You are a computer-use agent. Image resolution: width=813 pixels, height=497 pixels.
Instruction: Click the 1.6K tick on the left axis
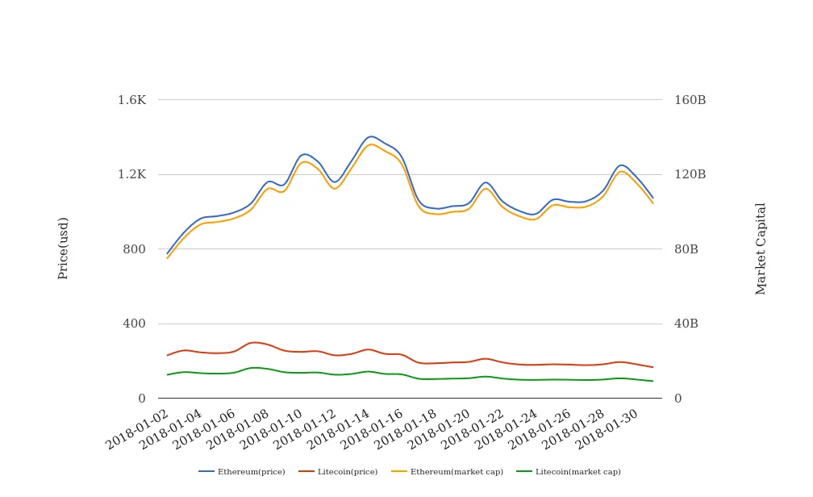pyautogui.click(x=132, y=100)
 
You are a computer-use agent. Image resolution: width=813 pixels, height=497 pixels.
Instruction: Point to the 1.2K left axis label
pyautogui.click(x=132, y=174)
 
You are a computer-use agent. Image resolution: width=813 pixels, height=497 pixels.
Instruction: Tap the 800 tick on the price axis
pyautogui.click(x=133, y=249)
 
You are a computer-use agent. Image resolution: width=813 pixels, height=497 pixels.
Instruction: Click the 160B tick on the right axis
pyautogui.click(x=690, y=100)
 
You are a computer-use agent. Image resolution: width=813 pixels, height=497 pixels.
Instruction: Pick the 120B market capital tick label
pyautogui.click(x=690, y=174)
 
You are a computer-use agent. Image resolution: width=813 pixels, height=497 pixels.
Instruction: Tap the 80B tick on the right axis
pyautogui.click(x=686, y=249)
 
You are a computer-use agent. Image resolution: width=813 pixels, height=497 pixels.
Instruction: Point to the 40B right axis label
pyautogui.click(x=686, y=324)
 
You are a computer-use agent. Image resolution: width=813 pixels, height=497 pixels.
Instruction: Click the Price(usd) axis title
pyautogui.click(x=64, y=248)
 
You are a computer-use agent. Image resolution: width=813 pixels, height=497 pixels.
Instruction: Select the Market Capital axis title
pyautogui.click(x=761, y=248)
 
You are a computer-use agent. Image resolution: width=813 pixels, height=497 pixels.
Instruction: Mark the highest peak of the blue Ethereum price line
pyautogui.click(x=371, y=136)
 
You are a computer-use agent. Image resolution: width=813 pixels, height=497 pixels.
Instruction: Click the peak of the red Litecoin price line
pyautogui.click(x=254, y=342)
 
